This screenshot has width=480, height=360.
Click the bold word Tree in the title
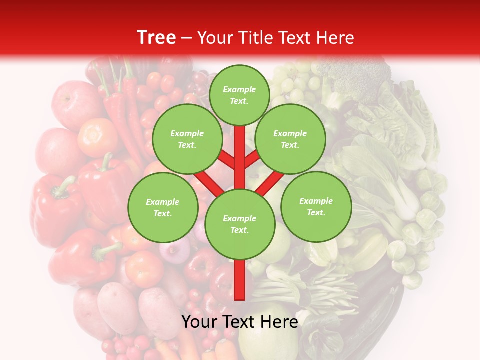[x=156, y=37]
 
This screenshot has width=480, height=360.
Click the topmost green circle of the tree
[x=239, y=95]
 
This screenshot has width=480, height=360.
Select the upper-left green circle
[x=187, y=139]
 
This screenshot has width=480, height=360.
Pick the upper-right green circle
[x=290, y=139]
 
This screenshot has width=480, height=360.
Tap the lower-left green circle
[x=163, y=207]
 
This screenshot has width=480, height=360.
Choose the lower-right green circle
[x=316, y=206]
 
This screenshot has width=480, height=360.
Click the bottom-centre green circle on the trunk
[x=240, y=224]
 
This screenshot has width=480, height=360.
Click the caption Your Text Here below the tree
[x=240, y=322]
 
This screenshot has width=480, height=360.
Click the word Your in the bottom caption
[x=199, y=322]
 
